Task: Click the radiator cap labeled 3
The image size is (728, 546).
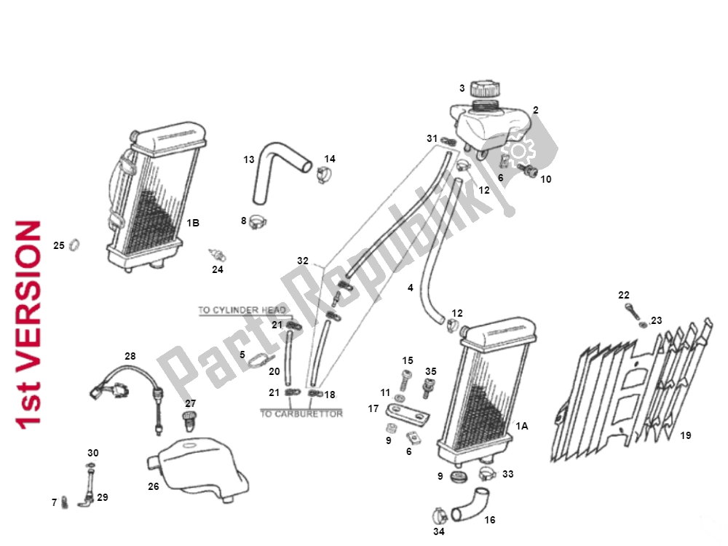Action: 484,92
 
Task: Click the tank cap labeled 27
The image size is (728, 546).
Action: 189,419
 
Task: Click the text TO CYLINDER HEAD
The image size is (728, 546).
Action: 242,310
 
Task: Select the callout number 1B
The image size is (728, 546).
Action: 193,223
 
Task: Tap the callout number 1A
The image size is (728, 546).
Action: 521,426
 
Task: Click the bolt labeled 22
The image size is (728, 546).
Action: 630,310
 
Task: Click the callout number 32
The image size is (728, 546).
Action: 303,260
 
